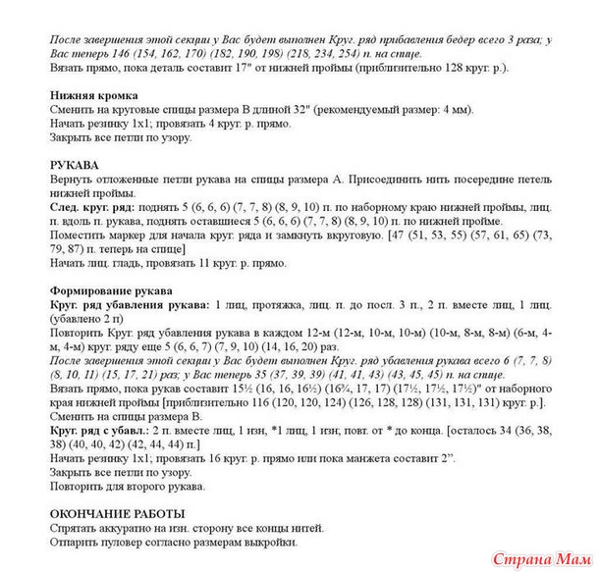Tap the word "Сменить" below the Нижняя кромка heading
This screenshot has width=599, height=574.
pyautogui.click(x=71, y=111)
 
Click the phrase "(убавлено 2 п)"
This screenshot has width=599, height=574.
pyautogui.click(x=87, y=319)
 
